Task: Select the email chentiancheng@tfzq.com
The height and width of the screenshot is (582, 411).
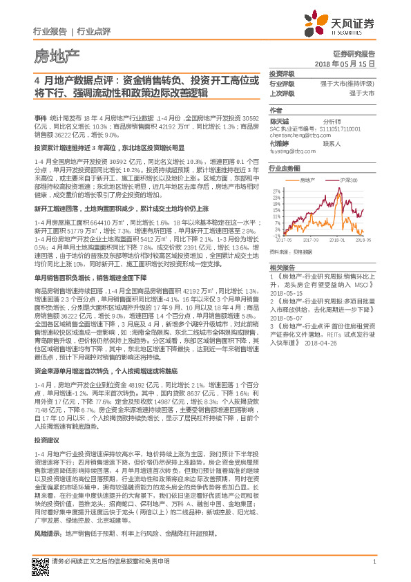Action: point(296,136)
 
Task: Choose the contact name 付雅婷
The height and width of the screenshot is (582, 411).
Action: point(279,144)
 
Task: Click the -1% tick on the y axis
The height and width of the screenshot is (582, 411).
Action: point(276,236)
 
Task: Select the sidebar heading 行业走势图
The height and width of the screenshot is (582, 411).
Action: point(285,168)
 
